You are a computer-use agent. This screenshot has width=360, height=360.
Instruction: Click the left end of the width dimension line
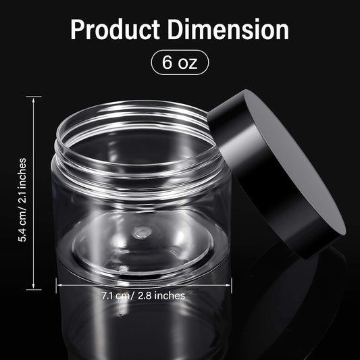[57, 284]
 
